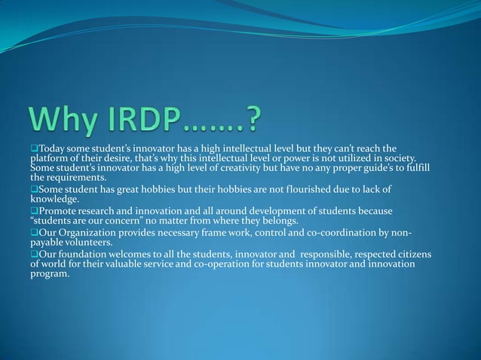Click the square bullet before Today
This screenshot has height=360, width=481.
[34, 148]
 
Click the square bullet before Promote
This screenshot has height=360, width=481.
[34, 212]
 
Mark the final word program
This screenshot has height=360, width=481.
[51, 274]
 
